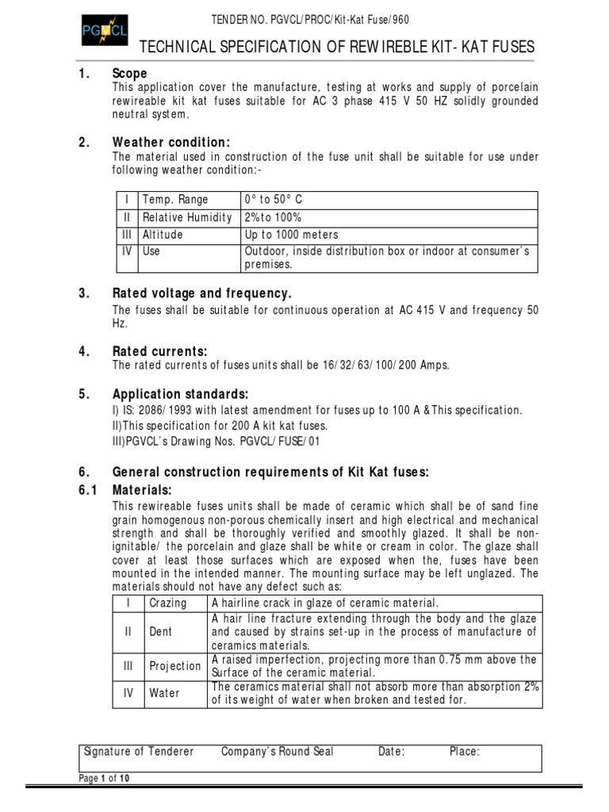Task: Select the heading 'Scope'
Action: (x=130, y=74)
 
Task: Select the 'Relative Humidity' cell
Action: (x=187, y=218)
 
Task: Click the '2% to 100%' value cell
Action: (x=274, y=218)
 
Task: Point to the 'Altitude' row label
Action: (x=163, y=235)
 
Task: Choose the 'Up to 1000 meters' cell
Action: (x=292, y=235)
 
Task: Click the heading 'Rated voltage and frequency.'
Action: (x=202, y=293)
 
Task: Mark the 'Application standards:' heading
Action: (x=181, y=394)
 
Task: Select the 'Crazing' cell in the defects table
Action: (x=168, y=603)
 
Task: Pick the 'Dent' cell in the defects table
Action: (x=160, y=632)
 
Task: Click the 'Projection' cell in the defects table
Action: (x=175, y=666)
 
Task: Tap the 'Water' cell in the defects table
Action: (x=164, y=693)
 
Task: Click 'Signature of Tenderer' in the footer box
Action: (x=139, y=752)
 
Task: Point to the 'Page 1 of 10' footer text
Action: (x=104, y=778)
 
